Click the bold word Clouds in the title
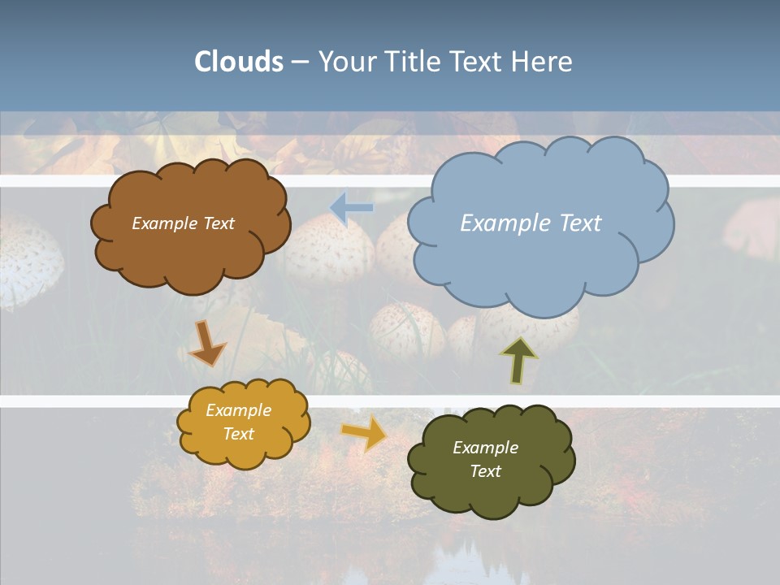pyautogui.click(x=239, y=62)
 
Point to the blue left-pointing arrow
pyautogui.click(x=352, y=208)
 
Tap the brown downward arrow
pyautogui.click(x=206, y=344)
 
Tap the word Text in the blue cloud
pyautogui.click(x=575, y=223)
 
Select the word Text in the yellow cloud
pyautogui.click(x=239, y=434)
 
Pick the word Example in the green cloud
pyautogui.click(x=485, y=448)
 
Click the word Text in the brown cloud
pyautogui.click(x=219, y=223)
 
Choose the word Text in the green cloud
pyautogui.click(x=485, y=471)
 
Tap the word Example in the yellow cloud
pyautogui.click(x=238, y=410)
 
